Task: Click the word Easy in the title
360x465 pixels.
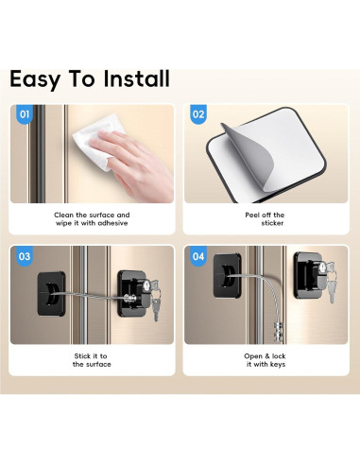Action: pos(39,78)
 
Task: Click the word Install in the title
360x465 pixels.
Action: pos(136,78)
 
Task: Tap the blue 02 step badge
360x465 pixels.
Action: pos(198,114)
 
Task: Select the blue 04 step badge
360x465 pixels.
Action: pos(198,256)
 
